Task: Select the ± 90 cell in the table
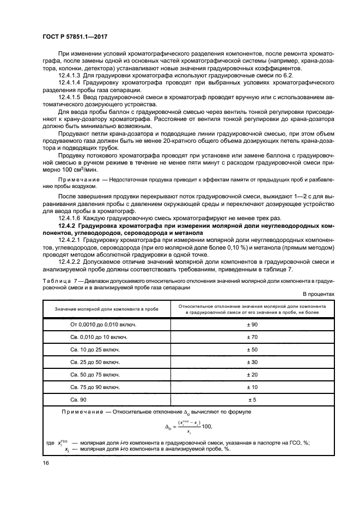coord(252,324)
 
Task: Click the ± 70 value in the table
coord(252,337)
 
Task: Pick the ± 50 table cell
coord(252,349)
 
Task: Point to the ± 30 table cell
coord(252,362)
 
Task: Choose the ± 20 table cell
coord(252,374)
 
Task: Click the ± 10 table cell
coord(252,387)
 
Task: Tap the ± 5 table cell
coord(252,399)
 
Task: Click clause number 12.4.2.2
coord(70,262)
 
